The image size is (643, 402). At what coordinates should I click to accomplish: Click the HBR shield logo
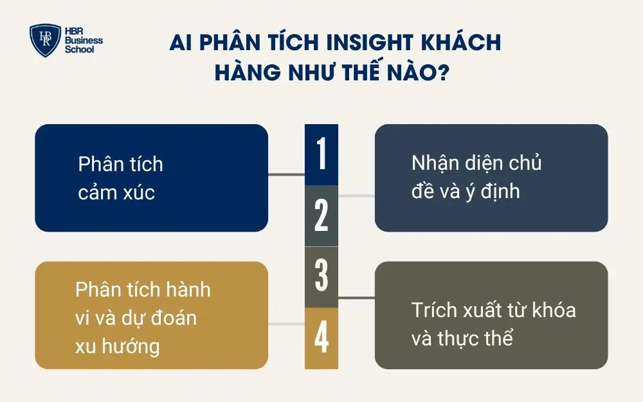tap(46, 41)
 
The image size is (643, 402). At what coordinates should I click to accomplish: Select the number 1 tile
tap(321, 155)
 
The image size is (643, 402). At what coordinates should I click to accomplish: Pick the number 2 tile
tap(321, 216)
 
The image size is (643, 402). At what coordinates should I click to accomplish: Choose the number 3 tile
tap(321, 277)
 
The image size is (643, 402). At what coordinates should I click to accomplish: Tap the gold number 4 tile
tap(321, 338)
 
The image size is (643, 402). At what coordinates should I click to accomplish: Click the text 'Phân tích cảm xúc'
tap(120, 178)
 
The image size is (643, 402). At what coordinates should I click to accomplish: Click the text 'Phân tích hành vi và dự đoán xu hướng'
tap(143, 318)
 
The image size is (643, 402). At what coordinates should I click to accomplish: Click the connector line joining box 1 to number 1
tap(286, 174)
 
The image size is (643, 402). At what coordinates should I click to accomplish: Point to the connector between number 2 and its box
tap(356, 196)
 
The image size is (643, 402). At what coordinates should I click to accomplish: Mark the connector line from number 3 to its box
tap(356, 298)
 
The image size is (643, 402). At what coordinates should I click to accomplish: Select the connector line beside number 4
tap(286, 324)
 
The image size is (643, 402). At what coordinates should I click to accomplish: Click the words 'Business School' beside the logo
tap(84, 45)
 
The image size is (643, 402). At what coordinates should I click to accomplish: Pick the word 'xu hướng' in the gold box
tap(117, 346)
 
